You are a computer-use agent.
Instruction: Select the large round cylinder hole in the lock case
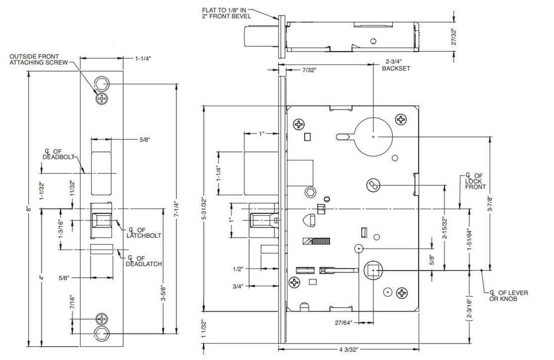pyautogui.click(x=373, y=135)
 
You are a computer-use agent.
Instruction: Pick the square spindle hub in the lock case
pyautogui.click(x=374, y=271)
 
